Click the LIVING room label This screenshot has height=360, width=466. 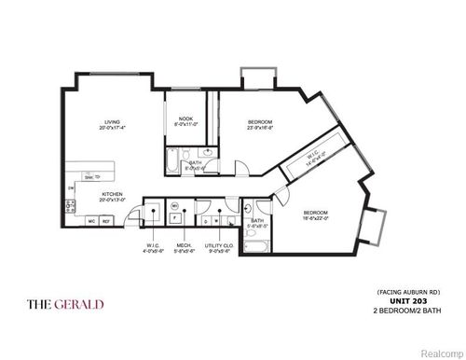click(113, 123)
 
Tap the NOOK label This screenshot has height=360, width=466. click(185, 120)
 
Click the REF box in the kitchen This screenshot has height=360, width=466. click(106, 221)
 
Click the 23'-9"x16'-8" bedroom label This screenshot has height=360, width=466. click(260, 125)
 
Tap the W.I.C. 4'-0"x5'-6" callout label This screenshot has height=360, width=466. click(154, 247)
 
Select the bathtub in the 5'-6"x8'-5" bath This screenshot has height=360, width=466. click(255, 245)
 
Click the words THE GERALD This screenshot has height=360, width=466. click(65, 305)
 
